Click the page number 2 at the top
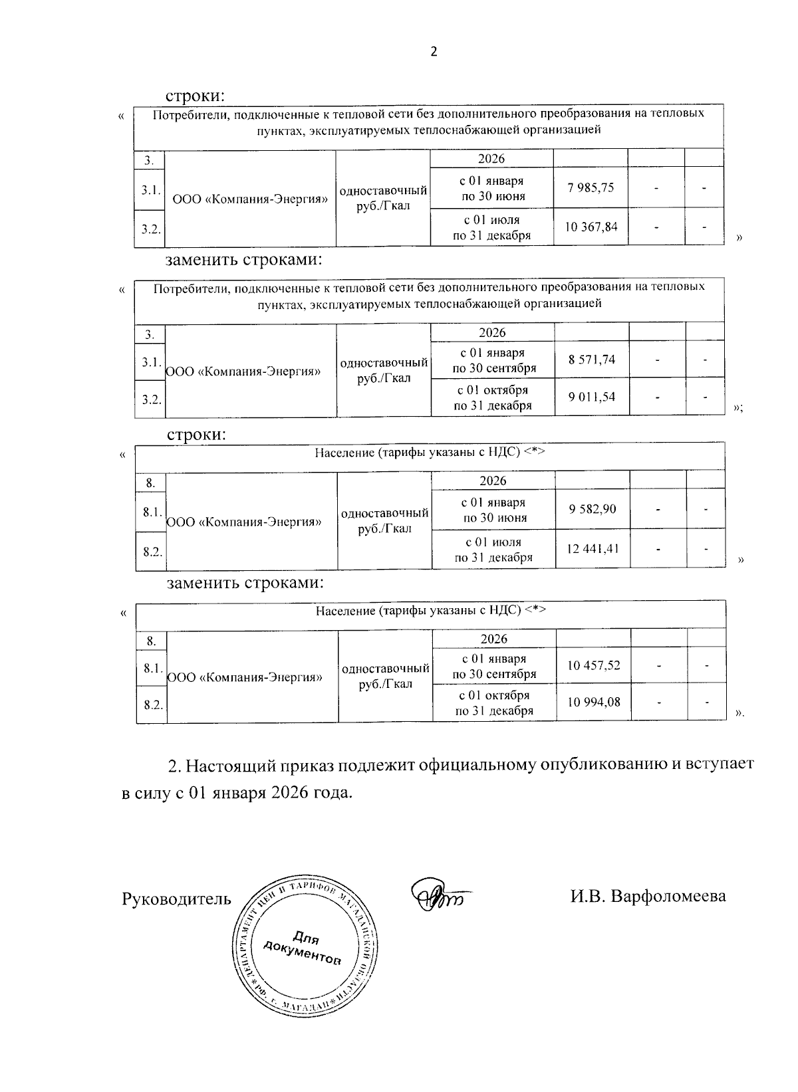(434, 52)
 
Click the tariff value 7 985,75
(591, 187)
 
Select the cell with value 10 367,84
(591, 227)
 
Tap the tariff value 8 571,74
(592, 360)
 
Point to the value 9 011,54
(592, 397)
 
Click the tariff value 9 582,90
(593, 509)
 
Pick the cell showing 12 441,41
(593, 549)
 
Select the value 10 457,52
(593, 665)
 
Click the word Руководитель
(176, 899)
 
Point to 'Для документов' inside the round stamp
(304, 949)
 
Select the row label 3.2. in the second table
(150, 399)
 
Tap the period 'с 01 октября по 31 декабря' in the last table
(493, 703)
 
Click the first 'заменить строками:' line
(243, 259)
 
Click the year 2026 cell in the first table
(491, 159)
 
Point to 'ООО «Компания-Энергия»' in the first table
(250, 199)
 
